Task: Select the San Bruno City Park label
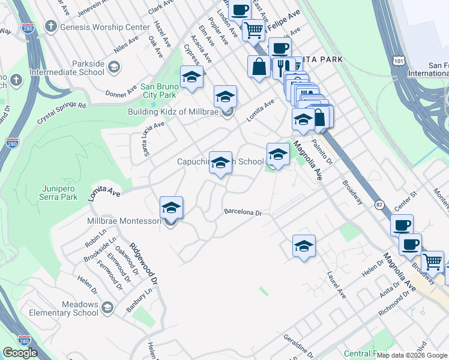(159, 91)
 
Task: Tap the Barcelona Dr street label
(243, 212)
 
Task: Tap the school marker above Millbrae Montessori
(171, 208)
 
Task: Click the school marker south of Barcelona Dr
(304, 246)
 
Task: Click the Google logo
(20, 353)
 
